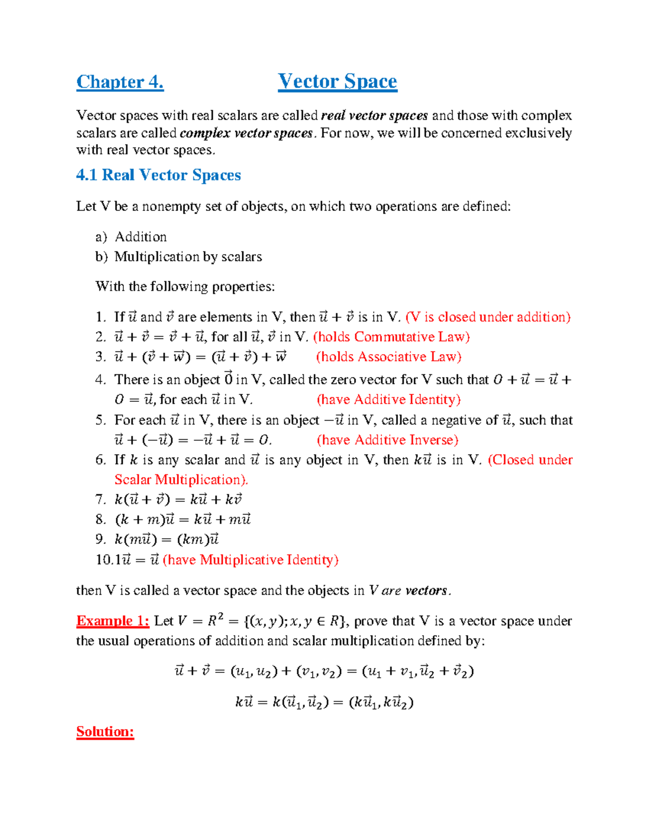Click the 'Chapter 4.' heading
click(x=120, y=82)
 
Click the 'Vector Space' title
click(x=337, y=81)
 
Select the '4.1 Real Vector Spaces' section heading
click(x=158, y=175)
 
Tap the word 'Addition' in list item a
click(x=141, y=237)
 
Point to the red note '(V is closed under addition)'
click(x=488, y=317)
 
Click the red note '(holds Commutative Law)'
click(x=392, y=337)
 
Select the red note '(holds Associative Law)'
click(x=388, y=357)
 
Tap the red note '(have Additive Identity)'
click(x=388, y=400)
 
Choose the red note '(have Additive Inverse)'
click(x=387, y=440)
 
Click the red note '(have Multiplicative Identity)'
click(x=250, y=560)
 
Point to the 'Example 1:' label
click(x=112, y=621)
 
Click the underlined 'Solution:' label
click(x=105, y=732)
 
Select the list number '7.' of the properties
click(x=101, y=499)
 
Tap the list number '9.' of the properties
click(x=101, y=539)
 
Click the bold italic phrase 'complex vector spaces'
click(x=246, y=133)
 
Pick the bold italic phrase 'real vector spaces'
click(x=374, y=116)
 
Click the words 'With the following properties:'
click(x=185, y=286)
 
